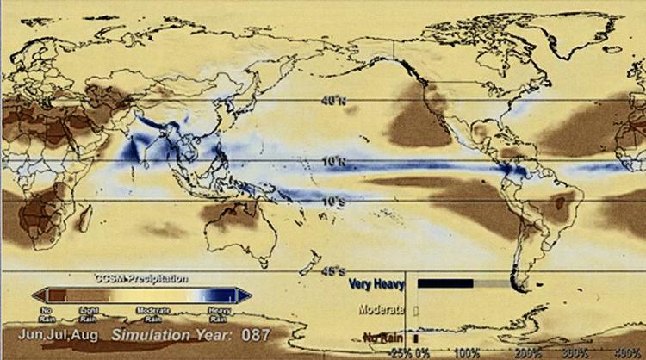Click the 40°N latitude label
click(332, 101)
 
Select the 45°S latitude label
click(332, 270)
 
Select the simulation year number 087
click(256, 333)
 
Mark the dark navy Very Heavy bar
click(444, 282)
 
